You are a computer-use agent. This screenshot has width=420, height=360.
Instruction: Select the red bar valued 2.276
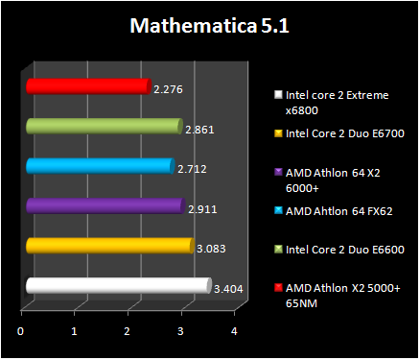tap(87, 87)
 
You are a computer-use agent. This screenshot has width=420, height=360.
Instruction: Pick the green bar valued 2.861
tap(103, 127)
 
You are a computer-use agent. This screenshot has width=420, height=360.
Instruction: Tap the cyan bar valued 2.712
tap(99, 166)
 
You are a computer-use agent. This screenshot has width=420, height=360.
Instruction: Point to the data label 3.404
tap(227, 287)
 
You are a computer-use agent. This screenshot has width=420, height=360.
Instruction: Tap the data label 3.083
tap(210, 248)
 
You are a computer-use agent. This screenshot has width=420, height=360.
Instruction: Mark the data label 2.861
tap(198, 129)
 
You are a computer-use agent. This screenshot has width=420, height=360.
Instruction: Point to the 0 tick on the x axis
tap(21, 331)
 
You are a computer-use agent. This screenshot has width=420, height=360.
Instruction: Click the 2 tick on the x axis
tap(128, 331)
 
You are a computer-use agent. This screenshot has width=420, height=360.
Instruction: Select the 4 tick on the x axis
tap(234, 331)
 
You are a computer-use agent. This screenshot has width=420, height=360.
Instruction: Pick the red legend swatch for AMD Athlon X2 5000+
tap(277, 287)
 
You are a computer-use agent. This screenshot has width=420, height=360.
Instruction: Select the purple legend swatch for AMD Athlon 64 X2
tap(277, 172)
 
